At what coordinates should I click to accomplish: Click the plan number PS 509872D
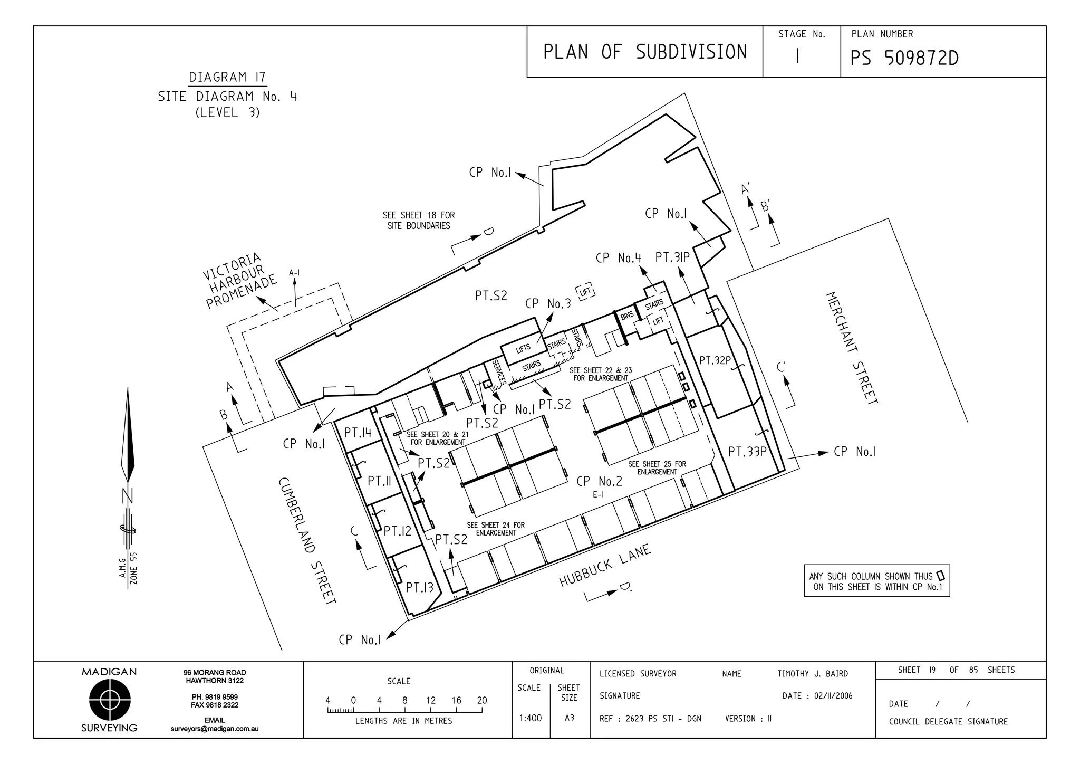pyautogui.click(x=904, y=58)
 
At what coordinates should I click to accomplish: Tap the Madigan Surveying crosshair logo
pyautogui.click(x=109, y=700)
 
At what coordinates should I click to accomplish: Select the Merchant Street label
pyautogui.click(x=851, y=348)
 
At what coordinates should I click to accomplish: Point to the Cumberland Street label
pyautogui.click(x=307, y=540)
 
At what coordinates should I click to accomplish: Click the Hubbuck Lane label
pyautogui.click(x=605, y=566)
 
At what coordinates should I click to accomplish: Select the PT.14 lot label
pyautogui.click(x=358, y=433)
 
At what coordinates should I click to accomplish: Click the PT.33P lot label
pyautogui.click(x=747, y=452)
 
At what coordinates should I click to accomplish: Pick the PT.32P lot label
pyautogui.click(x=715, y=361)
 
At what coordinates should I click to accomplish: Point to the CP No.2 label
pyautogui.click(x=599, y=481)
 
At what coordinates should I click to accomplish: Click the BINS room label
pyautogui.click(x=626, y=316)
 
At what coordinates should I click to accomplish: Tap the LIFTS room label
pyautogui.click(x=523, y=348)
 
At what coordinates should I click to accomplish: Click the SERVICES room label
pyautogui.click(x=498, y=372)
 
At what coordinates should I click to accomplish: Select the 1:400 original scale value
pyautogui.click(x=530, y=718)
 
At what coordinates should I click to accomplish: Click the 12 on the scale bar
pyautogui.click(x=430, y=701)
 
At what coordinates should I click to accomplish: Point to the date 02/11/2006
pyautogui.click(x=833, y=696)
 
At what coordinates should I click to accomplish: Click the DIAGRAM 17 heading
pyautogui.click(x=227, y=78)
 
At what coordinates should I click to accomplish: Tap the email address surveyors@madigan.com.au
pyautogui.click(x=214, y=729)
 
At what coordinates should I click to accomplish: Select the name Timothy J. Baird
pyautogui.click(x=812, y=674)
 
